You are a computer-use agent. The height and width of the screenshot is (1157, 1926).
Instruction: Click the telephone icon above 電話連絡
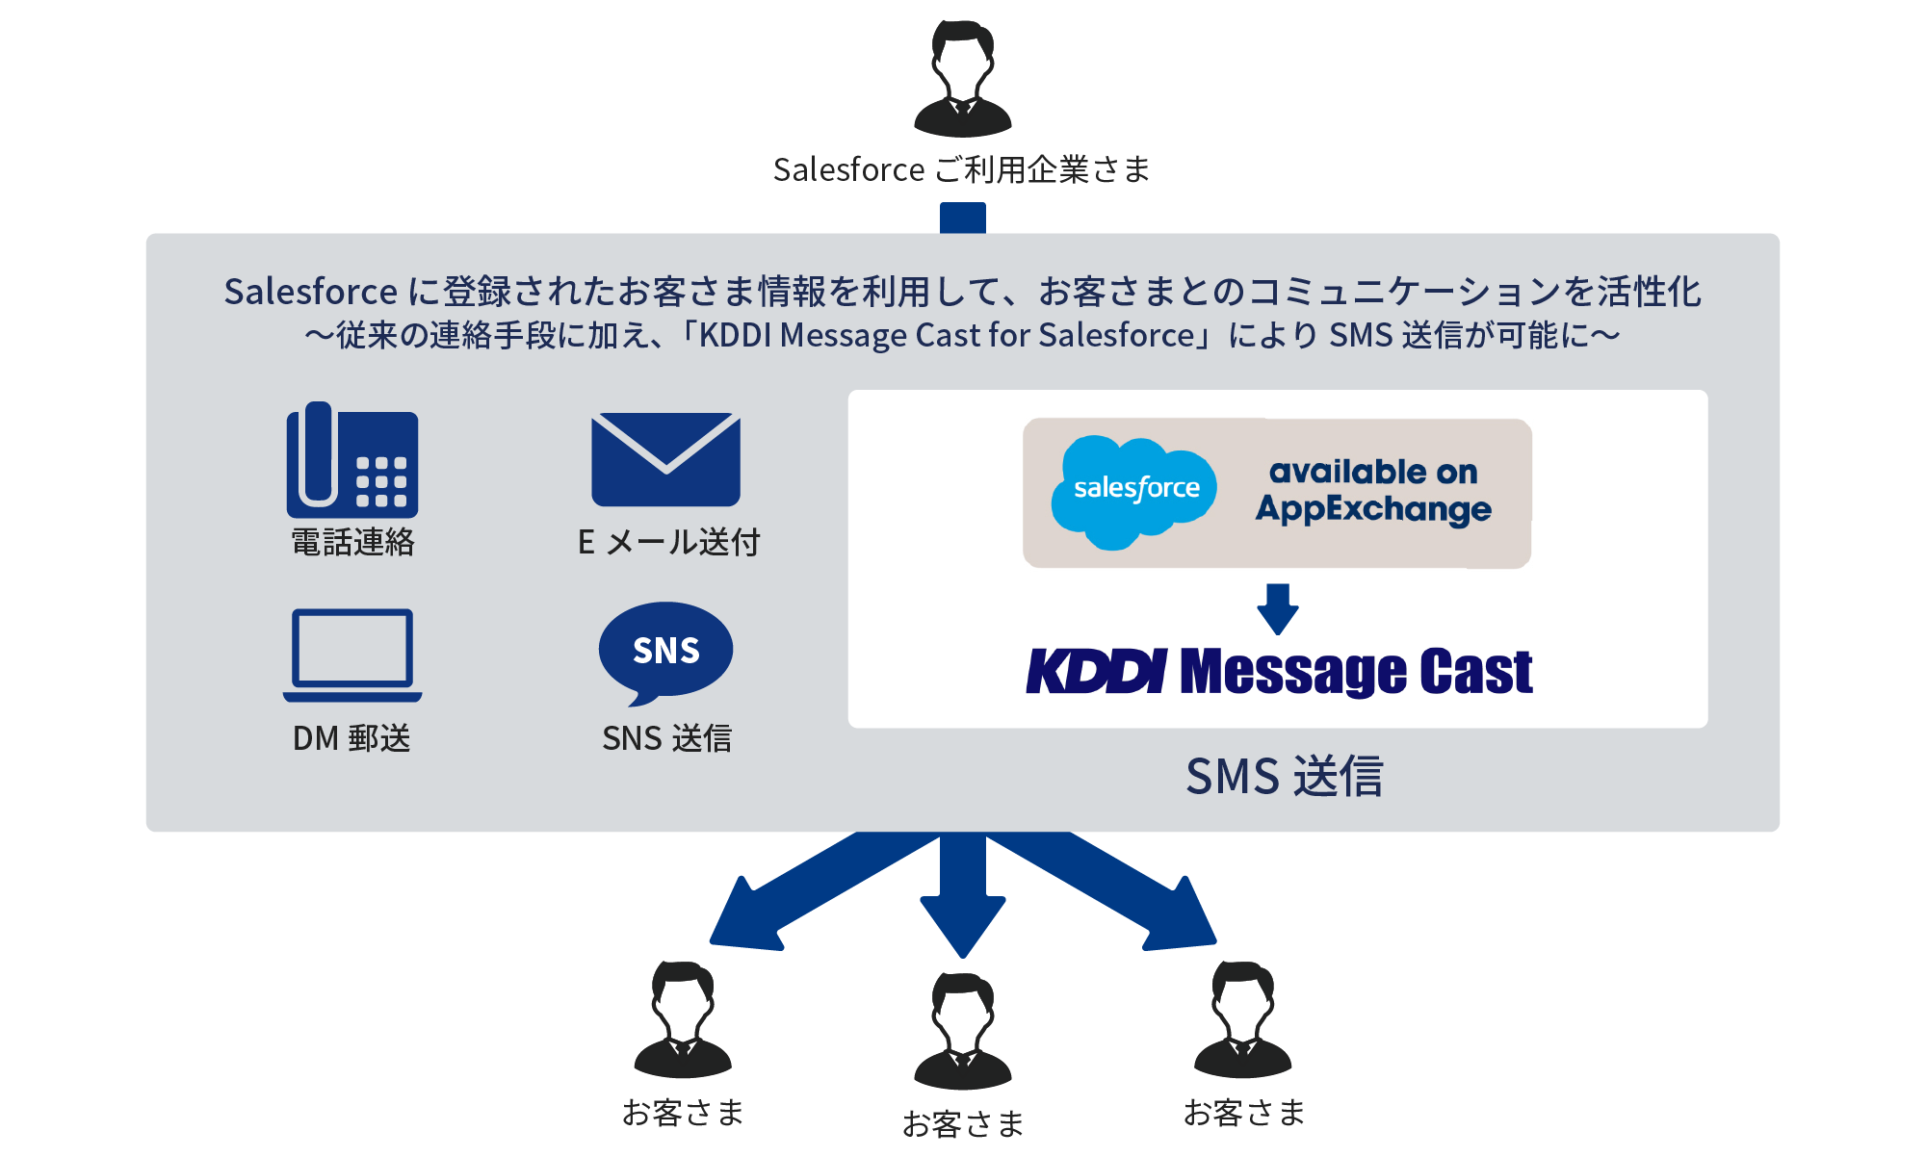tap(352, 460)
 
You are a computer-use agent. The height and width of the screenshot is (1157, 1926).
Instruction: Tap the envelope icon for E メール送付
tap(665, 459)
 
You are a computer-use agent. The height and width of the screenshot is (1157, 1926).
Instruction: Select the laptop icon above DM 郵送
tap(352, 654)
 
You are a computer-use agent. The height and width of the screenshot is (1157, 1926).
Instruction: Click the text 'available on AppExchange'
tap(1373, 491)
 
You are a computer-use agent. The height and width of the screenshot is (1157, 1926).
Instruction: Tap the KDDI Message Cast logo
tap(1279, 671)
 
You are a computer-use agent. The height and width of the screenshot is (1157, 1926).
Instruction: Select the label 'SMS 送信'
tap(1284, 776)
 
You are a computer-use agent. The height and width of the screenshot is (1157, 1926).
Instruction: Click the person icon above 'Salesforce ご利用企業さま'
tap(962, 79)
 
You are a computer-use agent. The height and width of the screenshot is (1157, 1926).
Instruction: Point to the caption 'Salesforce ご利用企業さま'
tap(962, 170)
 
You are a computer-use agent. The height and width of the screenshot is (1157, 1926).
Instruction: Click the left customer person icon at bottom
tap(683, 1019)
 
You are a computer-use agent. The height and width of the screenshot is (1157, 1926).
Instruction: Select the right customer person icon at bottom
tap(1242, 1019)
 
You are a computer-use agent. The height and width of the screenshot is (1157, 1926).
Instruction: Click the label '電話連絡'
tap(352, 543)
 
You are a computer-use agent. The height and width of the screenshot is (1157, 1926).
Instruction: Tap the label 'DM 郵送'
tap(351, 738)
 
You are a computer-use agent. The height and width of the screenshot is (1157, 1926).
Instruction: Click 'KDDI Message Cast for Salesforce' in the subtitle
tap(947, 335)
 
